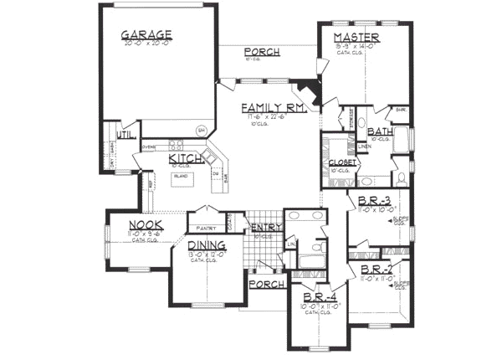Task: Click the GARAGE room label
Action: [146, 34]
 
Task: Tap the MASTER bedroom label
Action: [356, 39]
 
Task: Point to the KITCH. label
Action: [184, 158]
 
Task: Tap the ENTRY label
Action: [264, 228]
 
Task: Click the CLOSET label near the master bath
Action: [343, 162]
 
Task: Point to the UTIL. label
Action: [125, 133]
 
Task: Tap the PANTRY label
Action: [207, 227]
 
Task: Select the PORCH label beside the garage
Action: [262, 52]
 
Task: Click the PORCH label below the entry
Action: [264, 284]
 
